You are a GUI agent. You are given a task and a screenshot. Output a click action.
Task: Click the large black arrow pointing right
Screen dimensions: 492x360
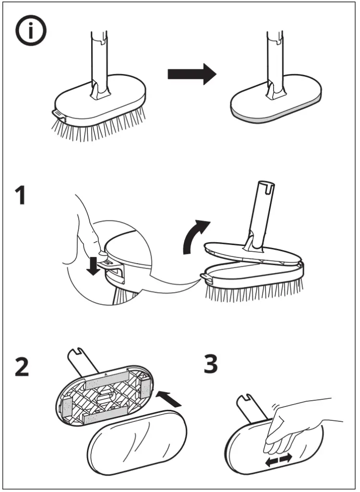[x=192, y=74]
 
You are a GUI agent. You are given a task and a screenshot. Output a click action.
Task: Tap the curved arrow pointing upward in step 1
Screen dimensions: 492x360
[x=195, y=236]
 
